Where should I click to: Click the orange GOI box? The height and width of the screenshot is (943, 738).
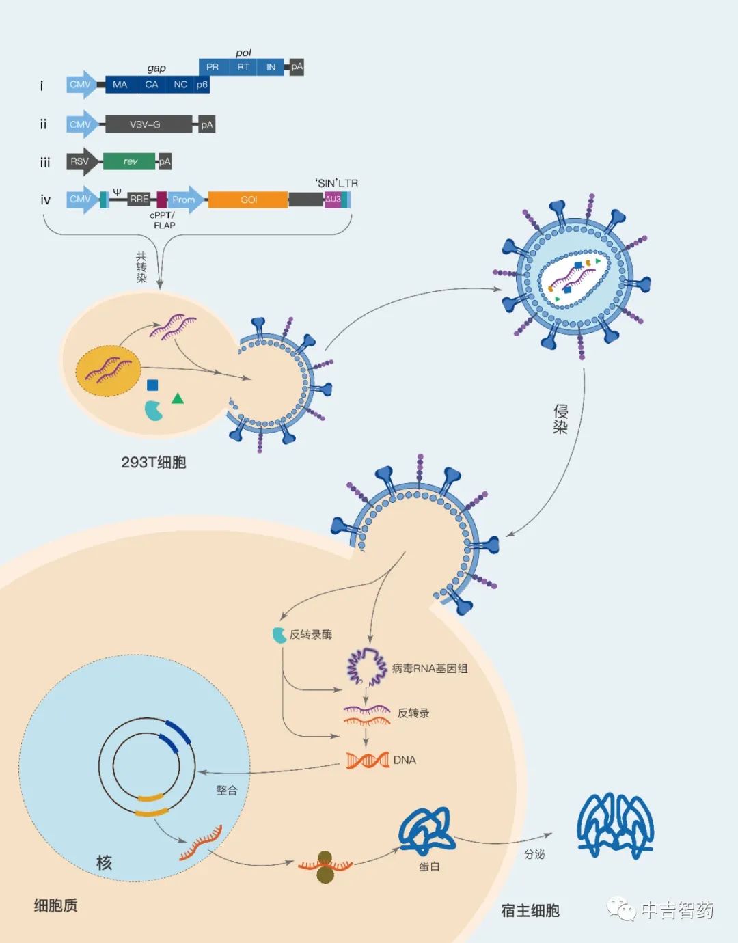(x=248, y=200)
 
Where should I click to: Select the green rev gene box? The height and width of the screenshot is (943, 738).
(x=129, y=161)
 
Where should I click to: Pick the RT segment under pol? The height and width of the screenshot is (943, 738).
(x=243, y=67)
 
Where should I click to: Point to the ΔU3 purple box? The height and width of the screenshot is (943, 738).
(x=333, y=200)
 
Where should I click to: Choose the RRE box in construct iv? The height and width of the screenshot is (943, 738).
(x=139, y=199)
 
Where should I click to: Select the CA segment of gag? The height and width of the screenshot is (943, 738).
(x=152, y=85)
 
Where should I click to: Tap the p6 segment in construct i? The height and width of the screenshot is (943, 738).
(x=202, y=85)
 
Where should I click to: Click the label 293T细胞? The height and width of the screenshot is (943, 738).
(x=154, y=463)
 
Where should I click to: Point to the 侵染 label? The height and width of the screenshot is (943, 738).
(x=560, y=419)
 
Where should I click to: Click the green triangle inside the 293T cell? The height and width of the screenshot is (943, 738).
(x=178, y=398)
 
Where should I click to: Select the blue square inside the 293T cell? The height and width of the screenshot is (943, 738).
(x=152, y=385)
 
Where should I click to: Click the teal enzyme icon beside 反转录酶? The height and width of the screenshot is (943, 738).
(x=279, y=635)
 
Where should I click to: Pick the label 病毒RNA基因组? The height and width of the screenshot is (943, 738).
(x=430, y=668)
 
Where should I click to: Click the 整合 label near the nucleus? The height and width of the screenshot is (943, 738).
(x=227, y=790)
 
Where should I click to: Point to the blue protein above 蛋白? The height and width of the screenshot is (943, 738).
(x=426, y=831)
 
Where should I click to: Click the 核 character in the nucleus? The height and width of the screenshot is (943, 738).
(x=104, y=863)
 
